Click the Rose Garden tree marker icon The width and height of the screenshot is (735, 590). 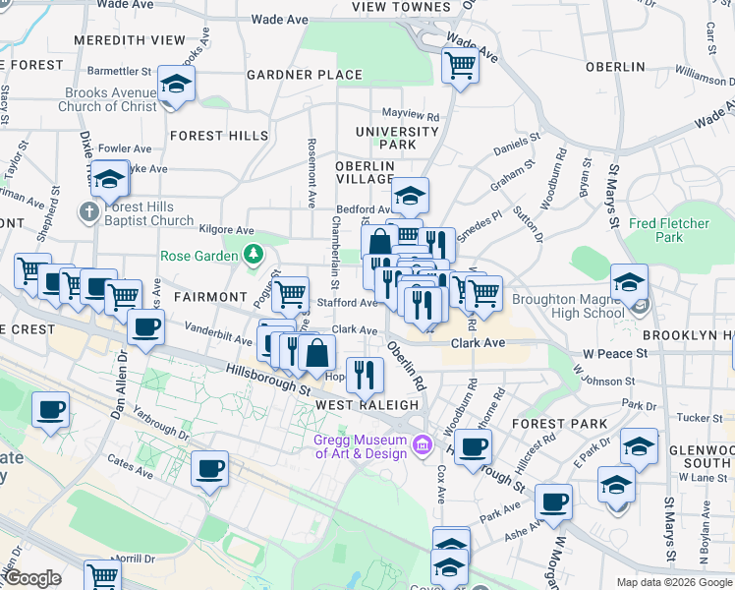(x=254, y=256)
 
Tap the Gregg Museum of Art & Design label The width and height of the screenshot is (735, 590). (x=360, y=446)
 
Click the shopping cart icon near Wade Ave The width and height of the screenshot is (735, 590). (x=459, y=65)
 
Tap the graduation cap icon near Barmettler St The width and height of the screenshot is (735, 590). (x=176, y=84)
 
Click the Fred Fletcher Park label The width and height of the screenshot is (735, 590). (x=669, y=230)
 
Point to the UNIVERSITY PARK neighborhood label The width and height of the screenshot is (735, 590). (x=397, y=138)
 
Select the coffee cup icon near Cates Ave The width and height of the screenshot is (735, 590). (x=209, y=469)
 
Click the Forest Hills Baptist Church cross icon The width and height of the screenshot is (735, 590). (x=88, y=211)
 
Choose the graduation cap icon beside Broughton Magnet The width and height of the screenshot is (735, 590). (x=629, y=282)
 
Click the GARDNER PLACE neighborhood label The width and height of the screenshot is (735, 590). (x=305, y=75)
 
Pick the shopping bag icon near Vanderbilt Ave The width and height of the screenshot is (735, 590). (x=316, y=353)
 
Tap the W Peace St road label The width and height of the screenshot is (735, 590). (x=615, y=352)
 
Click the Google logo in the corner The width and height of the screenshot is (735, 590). (x=32, y=578)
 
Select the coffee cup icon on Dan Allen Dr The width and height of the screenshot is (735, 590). (x=145, y=327)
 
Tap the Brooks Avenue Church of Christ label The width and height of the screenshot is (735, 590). (x=110, y=100)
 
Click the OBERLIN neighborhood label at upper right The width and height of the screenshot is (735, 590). (x=614, y=67)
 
